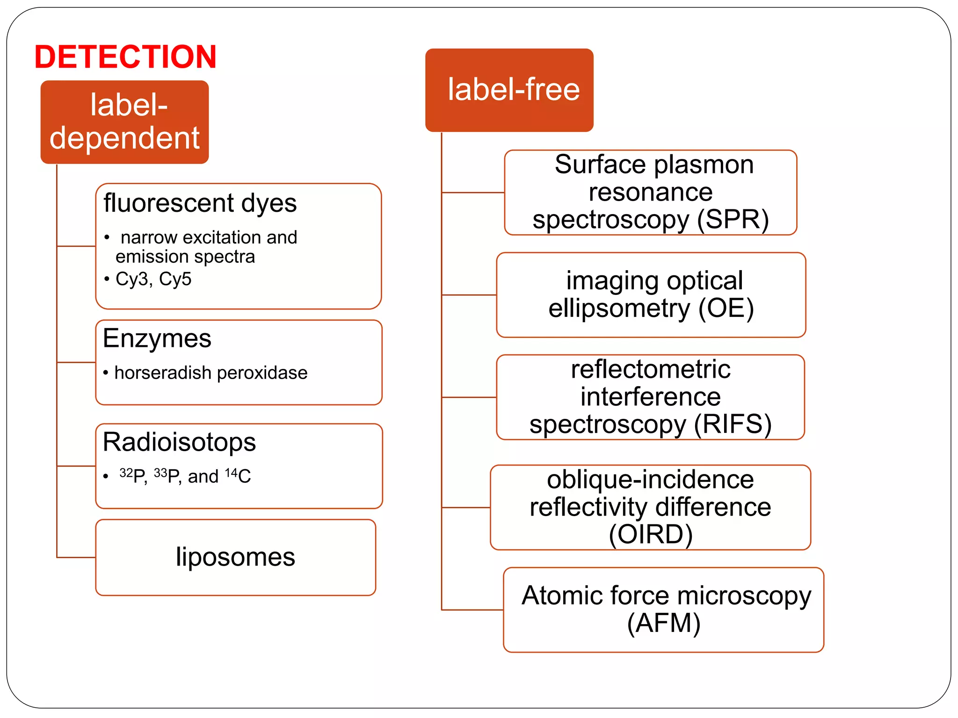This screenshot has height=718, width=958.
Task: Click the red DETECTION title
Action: pos(125,57)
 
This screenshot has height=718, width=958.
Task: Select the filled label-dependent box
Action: pos(124,122)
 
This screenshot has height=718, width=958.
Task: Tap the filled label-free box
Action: pos(509,90)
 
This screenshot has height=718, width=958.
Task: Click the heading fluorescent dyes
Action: pos(200,203)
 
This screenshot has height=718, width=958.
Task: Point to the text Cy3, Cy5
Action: pos(153,279)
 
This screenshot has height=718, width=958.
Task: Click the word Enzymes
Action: pos(157,338)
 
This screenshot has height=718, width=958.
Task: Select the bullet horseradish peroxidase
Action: pos(210,373)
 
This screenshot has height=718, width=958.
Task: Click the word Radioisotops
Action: pos(179,442)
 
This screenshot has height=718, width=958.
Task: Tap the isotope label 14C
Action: pos(238,476)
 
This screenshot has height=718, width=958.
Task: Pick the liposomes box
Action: pos(235,557)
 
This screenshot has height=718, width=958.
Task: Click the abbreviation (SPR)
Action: pos(733,220)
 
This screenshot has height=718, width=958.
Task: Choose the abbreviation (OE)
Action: pos(726,309)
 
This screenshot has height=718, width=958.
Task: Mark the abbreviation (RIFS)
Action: pos(733,424)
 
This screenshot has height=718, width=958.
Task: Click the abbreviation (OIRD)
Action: pos(650,534)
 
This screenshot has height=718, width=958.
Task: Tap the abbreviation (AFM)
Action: pos(663,623)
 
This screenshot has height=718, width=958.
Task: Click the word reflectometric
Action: pos(650,369)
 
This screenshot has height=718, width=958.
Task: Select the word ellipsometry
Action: pos(619,309)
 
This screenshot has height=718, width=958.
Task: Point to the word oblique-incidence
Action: pos(650,480)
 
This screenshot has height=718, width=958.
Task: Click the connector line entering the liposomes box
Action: pos(76,557)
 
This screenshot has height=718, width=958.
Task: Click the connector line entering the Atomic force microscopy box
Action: pos(472,610)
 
